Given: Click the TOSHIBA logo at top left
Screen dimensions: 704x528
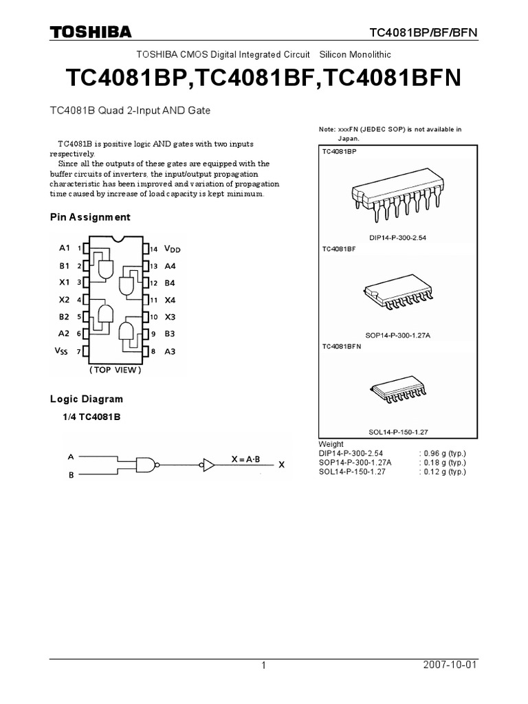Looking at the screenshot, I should point(90,32).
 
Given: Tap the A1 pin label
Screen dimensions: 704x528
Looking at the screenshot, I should point(64,247).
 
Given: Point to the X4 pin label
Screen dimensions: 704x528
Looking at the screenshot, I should point(170,300).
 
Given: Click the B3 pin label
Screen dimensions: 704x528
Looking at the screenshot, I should point(170,334).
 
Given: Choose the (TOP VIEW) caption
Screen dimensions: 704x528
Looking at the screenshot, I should point(115,370).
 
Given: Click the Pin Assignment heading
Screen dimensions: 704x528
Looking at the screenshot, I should point(90,217).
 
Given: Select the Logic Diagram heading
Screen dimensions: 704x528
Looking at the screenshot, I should point(87,399).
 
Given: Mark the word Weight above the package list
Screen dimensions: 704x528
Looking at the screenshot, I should point(331,444).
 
